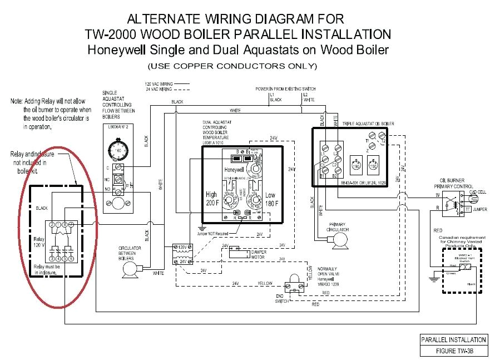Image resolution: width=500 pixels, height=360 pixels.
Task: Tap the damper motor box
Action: point(238,249)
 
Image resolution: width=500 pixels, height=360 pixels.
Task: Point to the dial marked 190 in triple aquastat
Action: point(356,166)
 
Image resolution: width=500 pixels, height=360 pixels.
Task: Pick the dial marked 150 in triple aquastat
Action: point(374,166)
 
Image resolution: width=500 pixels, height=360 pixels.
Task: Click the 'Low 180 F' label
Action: point(270,199)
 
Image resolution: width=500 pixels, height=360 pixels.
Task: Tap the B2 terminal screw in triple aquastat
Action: point(335,171)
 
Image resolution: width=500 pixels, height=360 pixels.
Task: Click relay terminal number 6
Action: point(72,259)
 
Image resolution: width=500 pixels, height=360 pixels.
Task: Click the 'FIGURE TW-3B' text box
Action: point(454,351)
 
